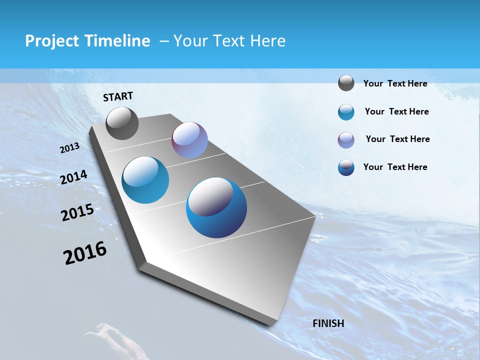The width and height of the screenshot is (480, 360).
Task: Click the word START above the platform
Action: [x=118, y=96]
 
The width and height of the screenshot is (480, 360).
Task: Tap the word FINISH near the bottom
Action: [x=328, y=323]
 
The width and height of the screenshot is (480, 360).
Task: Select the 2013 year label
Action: [x=70, y=148]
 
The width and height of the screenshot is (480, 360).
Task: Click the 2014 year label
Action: [x=73, y=177]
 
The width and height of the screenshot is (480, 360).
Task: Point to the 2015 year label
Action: [x=77, y=212]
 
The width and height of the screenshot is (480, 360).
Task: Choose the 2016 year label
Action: [x=85, y=252]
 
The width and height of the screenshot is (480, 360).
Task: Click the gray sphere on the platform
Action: [x=122, y=123]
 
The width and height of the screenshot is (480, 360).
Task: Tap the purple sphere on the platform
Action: [x=189, y=140]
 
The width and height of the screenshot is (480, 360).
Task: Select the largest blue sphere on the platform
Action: [x=216, y=207]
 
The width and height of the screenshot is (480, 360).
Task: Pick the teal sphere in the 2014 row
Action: [x=145, y=180]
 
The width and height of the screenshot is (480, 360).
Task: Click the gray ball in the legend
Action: [x=346, y=83]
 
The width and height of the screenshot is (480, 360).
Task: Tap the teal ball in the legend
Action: [x=346, y=112]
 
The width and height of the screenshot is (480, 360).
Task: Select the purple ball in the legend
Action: [x=346, y=140]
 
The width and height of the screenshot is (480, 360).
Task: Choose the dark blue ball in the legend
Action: [x=346, y=167]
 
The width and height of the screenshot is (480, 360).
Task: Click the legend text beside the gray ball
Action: [x=395, y=83]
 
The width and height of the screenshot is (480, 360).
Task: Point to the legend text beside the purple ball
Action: [x=397, y=139]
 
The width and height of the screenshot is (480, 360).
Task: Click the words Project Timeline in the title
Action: [x=87, y=41]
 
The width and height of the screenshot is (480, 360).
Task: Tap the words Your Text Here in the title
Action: [x=229, y=41]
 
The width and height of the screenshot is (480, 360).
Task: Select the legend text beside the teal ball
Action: [x=396, y=111]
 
